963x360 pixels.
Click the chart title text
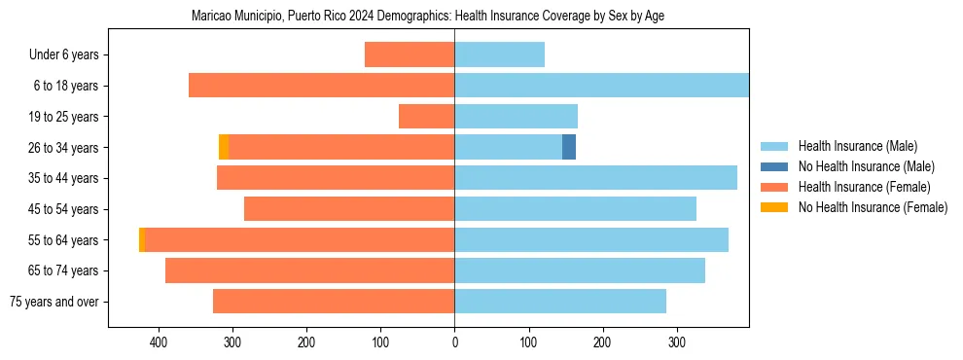(x=428, y=17)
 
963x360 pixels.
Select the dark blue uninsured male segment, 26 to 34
(x=569, y=147)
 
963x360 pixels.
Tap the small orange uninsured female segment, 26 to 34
(x=224, y=147)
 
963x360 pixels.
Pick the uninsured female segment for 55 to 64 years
(x=142, y=239)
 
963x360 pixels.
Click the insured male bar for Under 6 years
(x=499, y=54)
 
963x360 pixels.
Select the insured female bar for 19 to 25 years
(x=426, y=117)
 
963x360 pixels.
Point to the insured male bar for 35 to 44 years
(x=595, y=178)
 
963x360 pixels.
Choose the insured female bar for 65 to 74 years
(x=309, y=270)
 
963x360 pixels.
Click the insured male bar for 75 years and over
(x=560, y=302)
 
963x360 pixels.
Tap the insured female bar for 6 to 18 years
(x=321, y=86)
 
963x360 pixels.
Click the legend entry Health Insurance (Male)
(x=857, y=146)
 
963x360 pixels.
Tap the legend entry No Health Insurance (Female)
(x=873, y=207)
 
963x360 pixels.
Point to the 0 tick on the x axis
(x=454, y=342)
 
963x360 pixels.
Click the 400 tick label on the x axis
(x=159, y=342)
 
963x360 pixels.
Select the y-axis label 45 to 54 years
(x=63, y=209)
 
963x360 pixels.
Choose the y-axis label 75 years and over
(x=54, y=302)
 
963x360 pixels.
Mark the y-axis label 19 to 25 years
(x=63, y=117)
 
